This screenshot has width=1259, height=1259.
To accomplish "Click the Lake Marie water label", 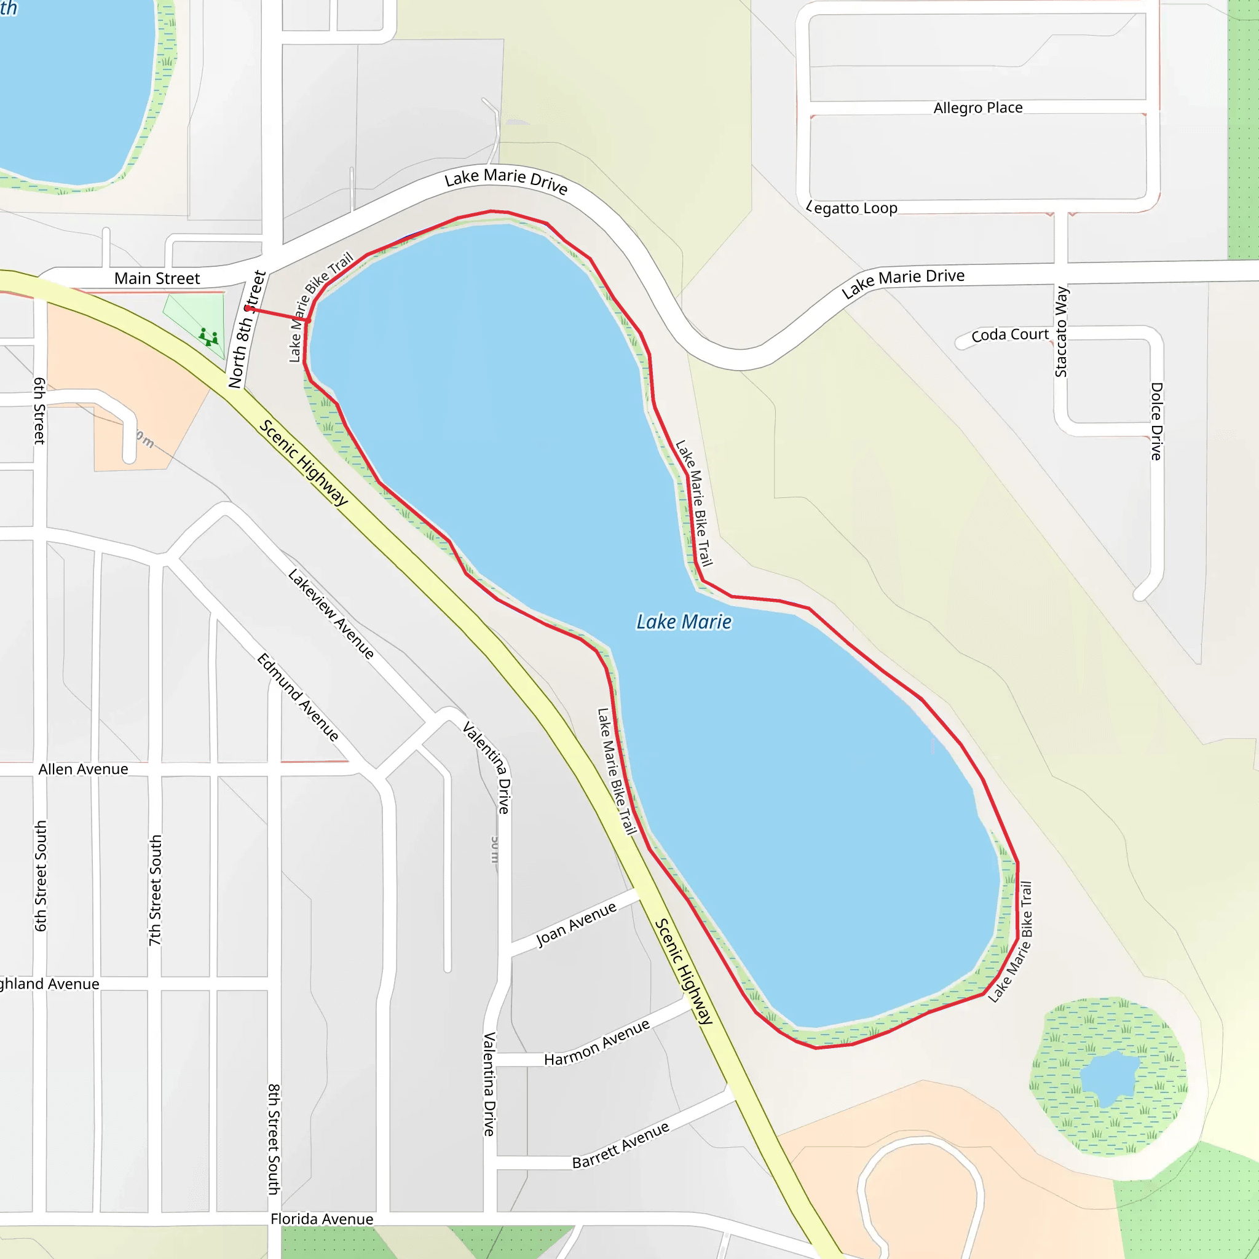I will tap(684, 622).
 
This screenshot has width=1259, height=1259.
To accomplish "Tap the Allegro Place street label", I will tap(977, 108).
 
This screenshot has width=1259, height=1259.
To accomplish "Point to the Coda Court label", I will tap(1009, 335).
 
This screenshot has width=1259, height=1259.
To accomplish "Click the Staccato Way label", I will tap(1061, 332).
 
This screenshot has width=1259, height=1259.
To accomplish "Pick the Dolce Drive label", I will tap(1156, 421).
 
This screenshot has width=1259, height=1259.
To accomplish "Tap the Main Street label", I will tap(157, 278).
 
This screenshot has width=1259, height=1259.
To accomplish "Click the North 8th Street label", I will tap(247, 330).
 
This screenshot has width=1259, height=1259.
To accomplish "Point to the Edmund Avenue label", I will tap(298, 697).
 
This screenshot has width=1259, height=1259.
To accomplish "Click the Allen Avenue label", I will tap(84, 769).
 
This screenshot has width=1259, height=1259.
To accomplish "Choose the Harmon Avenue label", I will tap(597, 1042).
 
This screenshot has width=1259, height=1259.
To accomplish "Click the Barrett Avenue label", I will tap(620, 1145).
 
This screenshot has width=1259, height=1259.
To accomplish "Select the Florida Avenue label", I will tap(322, 1218).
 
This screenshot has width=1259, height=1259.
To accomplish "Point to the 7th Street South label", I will tap(155, 890).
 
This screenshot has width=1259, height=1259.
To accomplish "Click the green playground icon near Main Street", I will tap(208, 336).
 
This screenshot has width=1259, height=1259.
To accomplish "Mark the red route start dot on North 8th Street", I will tap(248, 308).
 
